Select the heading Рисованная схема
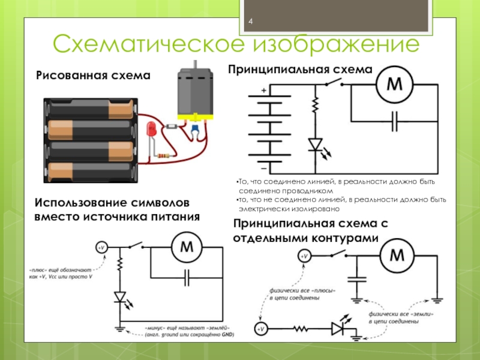[93, 76]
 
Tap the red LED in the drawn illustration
[151, 130]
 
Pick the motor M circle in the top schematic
[395, 85]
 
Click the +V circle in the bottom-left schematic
[101, 247]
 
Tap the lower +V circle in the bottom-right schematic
[261, 329]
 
